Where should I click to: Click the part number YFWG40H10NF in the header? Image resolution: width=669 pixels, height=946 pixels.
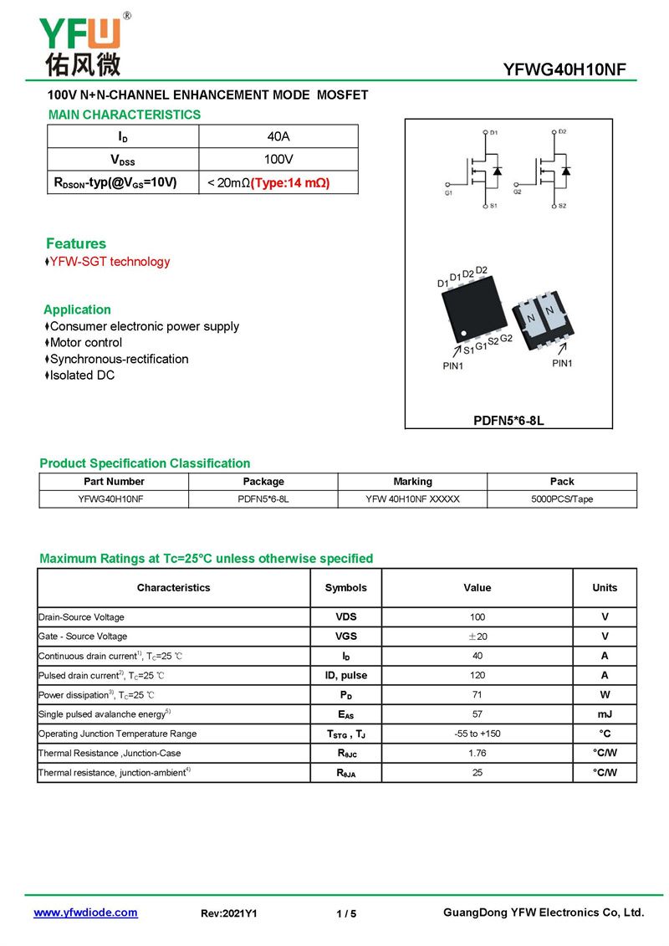click(x=564, y=69)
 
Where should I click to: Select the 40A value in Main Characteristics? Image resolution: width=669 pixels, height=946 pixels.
click(x=278, y=136)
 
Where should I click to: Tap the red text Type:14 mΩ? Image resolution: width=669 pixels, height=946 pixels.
click(x=289, y=182)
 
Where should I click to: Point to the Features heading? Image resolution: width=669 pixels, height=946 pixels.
click(x=76, y=243)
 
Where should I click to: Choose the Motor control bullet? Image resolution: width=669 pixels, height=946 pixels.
click(x=85, y=343)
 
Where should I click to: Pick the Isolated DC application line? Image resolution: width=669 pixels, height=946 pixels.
click(x=82, y=376)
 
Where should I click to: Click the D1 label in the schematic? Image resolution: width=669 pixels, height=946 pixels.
click(x=493, y=133)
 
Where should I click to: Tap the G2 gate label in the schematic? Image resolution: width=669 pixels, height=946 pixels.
click(x=518, y=192)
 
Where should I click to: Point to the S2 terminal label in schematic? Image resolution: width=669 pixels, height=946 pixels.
click(x=563, y=206)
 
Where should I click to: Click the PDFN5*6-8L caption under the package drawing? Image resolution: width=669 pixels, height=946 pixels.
click(x=508, y=421)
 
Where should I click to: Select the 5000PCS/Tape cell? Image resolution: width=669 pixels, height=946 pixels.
click(x=562, y=499)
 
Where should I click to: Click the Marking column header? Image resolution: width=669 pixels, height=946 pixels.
click(x=412, y=482)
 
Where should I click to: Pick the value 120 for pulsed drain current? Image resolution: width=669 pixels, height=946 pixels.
click(x=477, y=675)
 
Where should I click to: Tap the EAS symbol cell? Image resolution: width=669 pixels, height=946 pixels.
click(x=346, y=714)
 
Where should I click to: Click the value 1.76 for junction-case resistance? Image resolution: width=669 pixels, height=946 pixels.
click(x=477, y=753)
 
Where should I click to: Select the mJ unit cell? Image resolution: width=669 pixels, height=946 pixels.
click(x=605, y=714)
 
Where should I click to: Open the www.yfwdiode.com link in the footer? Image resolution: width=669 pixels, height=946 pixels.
click(x=85, y=913)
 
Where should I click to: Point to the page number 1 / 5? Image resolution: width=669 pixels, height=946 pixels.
click(x=346, y=914)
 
